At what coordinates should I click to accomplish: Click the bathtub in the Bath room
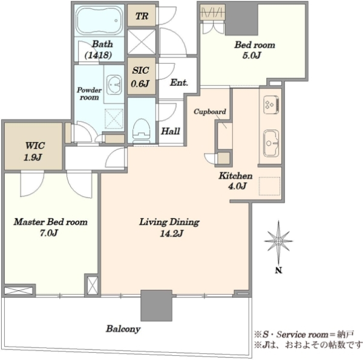point(100,21)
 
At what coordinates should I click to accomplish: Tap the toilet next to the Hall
point(141,131)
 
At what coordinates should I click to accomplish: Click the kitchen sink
point(271,143)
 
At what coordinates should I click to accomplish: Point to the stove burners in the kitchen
point(271,105)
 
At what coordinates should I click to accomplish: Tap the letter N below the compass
point(278,270)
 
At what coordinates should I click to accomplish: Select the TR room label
point(142,16)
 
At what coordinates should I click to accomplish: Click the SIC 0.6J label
point(140,77)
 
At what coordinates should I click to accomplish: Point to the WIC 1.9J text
point(33,151)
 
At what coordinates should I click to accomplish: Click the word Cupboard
point(210,111)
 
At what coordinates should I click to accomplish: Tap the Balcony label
point(123,329)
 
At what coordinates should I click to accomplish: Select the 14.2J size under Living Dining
point(172,234)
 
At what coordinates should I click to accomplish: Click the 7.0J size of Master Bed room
point(49,233)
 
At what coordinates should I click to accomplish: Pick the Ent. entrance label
point(178,83)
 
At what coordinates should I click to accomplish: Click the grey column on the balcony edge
point(156,306)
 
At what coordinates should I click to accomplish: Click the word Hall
point(171,131)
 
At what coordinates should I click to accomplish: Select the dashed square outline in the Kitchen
point(269,186)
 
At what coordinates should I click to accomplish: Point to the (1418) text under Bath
point(99,55)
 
